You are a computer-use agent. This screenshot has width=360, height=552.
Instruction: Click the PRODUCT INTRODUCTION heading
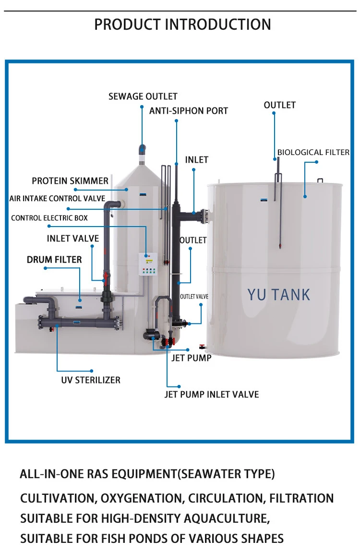182,24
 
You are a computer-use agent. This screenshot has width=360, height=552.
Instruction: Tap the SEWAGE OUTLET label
143,96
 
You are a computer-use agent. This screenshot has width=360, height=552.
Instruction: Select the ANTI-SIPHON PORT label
189,111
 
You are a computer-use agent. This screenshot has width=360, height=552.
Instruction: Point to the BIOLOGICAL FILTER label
313,152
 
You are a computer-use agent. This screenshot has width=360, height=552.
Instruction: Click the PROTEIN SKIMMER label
70,181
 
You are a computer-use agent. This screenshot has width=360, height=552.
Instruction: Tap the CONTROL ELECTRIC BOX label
49,218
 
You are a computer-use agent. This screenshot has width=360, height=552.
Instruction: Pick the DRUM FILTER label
54,260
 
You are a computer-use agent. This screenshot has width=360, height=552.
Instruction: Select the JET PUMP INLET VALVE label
212,395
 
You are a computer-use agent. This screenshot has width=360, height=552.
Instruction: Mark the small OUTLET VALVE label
194,297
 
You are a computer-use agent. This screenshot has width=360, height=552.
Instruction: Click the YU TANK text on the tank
279,294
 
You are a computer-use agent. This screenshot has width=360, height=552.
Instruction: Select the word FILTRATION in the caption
301,498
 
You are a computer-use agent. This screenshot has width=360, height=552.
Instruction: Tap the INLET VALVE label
73,239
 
